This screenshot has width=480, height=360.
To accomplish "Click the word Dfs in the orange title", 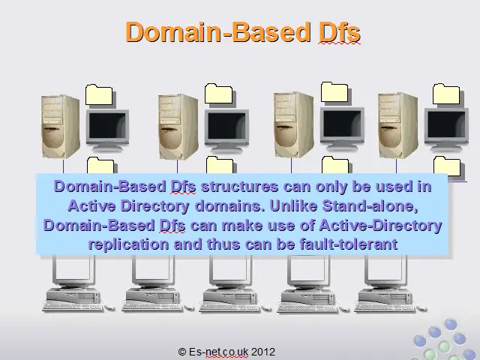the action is pyautogui.click(x=340, y=31).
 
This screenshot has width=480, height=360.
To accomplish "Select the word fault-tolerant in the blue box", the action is pyautogui.click(x=349, y=244).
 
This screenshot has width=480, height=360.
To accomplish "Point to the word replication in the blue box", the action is pyautogui.click(x=128, y=245).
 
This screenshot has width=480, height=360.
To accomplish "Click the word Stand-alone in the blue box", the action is pyautogui.click(x=370, y=206).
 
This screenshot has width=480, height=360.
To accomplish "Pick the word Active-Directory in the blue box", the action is pyautogui.click(x=380, y=226).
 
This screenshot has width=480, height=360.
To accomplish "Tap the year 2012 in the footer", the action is pyautogui.click(x=263, y=352).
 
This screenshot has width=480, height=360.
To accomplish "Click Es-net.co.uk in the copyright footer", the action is pyautogui.click(x=218, y=352).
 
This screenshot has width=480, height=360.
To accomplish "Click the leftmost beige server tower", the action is pyautogui.click(x=61, y=127).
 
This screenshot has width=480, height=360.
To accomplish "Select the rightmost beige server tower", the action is pyautogui.click(x=397, y=125).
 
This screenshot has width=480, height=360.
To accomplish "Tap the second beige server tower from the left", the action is pyautogui.click(x=178, y=127).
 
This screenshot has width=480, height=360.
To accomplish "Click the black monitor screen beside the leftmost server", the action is pyautogui.click(x=107, y=127).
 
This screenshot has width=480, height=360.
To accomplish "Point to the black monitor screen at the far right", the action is pyautogui.click(x=446, y=124).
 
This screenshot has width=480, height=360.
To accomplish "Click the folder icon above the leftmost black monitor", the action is pyautogui.click(x=99, y=94).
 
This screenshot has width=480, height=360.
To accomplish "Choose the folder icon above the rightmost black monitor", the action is pyautogui.click(x=446, y=94).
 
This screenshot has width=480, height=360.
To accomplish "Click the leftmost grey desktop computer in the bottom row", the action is pyautogui.click(x=73, y=284).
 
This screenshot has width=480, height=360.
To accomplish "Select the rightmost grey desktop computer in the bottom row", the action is pyautogui.click(x=386, y=284).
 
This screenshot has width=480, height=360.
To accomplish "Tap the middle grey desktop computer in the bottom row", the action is pyautogui.click(x=230, y=284).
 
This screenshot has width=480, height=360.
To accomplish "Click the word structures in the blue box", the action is pyautogui.click(x=239, y=187).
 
